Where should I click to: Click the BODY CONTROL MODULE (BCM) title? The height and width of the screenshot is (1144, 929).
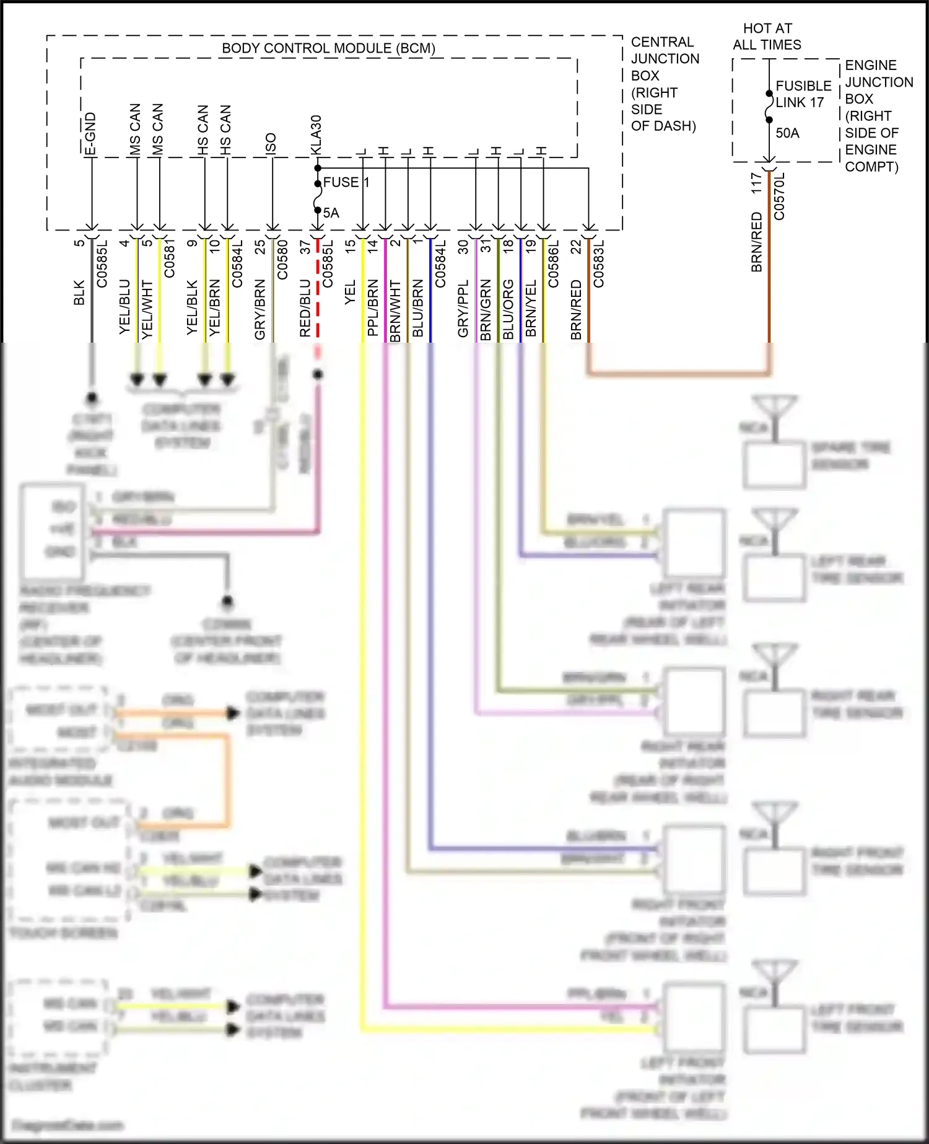328,48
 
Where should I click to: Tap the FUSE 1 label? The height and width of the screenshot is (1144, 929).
346,182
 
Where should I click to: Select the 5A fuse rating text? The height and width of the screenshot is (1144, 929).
331,213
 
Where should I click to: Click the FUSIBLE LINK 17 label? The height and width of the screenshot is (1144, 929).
803,94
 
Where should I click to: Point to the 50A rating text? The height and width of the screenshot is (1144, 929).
787,133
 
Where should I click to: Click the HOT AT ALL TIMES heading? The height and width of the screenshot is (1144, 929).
767,37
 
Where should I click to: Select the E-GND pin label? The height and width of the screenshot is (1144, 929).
90,133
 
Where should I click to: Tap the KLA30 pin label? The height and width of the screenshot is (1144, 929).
316,134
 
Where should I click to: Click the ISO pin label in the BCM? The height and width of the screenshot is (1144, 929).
271,143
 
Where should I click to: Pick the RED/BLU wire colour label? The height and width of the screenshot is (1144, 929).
305,308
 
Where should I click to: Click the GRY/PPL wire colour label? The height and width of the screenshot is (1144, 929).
463,309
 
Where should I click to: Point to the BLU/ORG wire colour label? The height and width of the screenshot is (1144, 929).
508,309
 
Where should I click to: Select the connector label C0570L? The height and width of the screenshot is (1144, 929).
780,196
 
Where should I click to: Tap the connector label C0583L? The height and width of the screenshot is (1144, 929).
599,264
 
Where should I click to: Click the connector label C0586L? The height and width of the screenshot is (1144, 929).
554,264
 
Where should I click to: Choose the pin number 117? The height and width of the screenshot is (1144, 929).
756,183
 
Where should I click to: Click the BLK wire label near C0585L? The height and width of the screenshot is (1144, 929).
79,293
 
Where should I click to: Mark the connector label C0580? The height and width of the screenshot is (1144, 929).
282,260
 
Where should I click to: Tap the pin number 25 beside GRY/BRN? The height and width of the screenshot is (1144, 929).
260,246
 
